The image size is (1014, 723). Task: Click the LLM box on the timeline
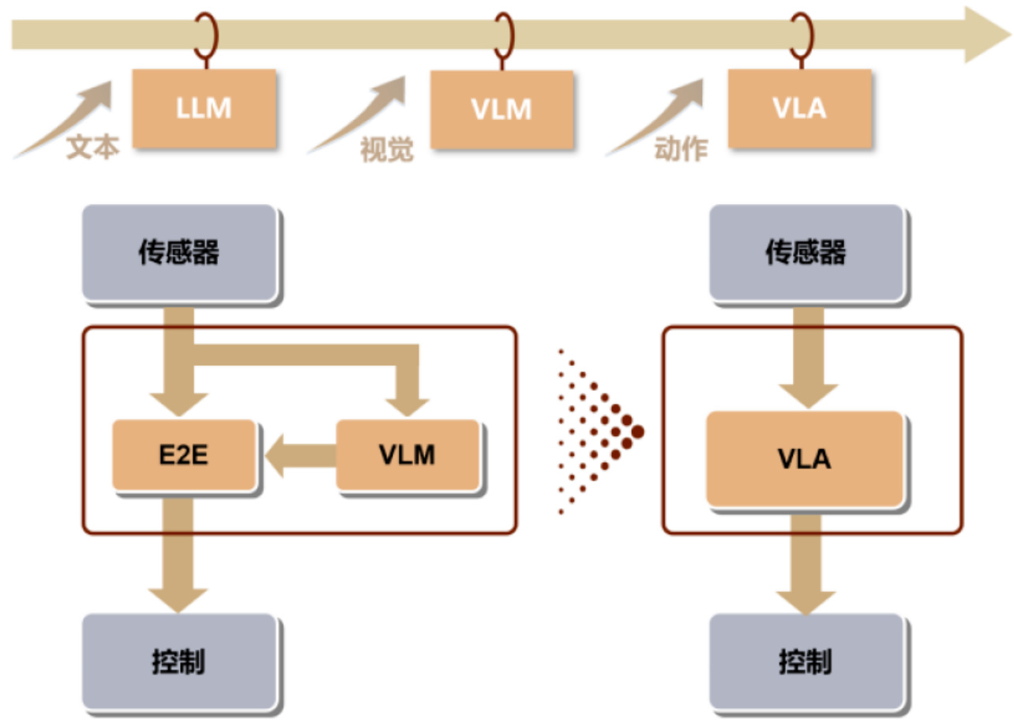(204, 108)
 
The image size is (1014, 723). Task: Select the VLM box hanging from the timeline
(501, 109)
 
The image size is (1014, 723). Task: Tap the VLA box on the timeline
(799, 108)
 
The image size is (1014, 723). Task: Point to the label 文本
(92, 148)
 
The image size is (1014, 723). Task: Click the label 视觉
(387, 149)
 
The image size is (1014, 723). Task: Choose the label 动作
(681, 149)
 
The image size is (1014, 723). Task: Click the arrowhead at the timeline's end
(987, 35)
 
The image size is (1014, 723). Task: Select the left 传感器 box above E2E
(179, 253)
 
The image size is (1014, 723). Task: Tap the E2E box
(183, 455)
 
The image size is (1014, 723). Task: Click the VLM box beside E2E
(407, 455)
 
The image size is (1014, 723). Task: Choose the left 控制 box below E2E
(179, 661)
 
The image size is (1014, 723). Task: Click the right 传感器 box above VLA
(806, 253)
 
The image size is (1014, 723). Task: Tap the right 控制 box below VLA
(806, 661)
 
